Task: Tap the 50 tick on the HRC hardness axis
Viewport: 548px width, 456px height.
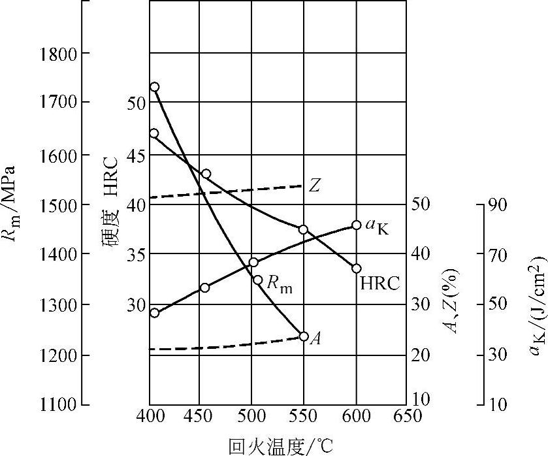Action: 133,103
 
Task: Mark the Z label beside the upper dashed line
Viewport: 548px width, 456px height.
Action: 315,186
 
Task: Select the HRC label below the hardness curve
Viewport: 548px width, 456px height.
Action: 379,284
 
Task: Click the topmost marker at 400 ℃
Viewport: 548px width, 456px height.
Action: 154,87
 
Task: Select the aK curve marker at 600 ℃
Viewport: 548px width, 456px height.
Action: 357,225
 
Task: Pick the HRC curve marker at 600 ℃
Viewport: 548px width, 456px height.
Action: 357,269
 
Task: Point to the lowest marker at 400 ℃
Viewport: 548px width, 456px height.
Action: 154,313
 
